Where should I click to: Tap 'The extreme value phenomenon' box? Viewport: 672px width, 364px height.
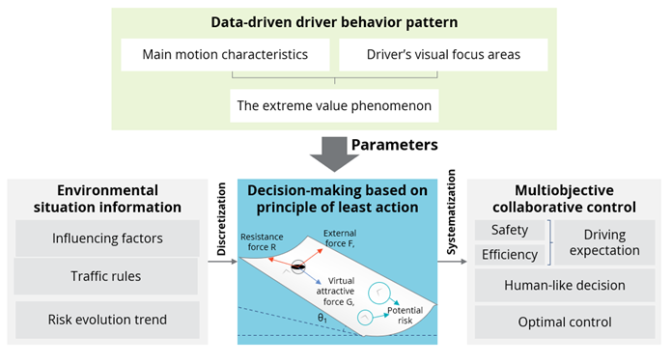click(x=333, y=103)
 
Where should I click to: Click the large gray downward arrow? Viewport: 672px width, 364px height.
click(x=333, y=149)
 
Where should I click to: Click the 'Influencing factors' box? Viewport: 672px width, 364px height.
click(x=108, y=238)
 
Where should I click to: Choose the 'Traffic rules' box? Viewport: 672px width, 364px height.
click(x=108, y=276)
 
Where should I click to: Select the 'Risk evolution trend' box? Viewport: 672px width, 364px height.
click(x=108, y=320)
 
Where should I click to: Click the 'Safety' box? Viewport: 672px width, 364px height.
click(x=510, y=230)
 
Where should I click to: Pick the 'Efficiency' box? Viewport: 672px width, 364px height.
click(x=510, y=254)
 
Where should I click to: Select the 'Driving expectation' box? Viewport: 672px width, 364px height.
click(x=604, y=241)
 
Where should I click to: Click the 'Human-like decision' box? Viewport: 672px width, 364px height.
click(x=565, y=286)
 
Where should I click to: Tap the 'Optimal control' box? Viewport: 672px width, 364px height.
click(x=565, y=322)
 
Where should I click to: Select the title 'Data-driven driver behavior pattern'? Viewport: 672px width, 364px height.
click(x=334, y=20)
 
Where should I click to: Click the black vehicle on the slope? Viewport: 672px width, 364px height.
click(x=300, y=266)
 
